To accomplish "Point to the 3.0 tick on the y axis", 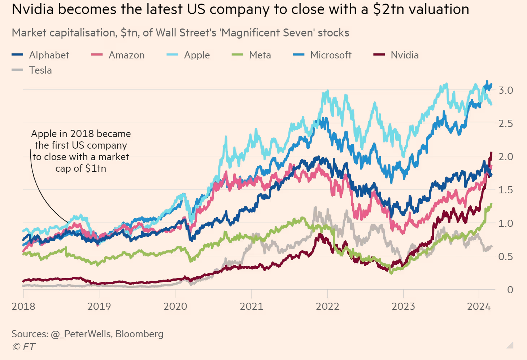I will pos(506,90).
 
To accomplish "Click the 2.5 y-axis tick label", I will pos(506,123).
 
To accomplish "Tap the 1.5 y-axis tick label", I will pos(506,190).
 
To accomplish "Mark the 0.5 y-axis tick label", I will pos(506,256).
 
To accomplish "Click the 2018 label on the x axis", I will pos(23,307).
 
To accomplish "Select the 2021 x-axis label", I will pos(252,307).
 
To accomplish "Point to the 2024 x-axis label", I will pos(479,307).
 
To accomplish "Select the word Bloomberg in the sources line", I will pos(139,334).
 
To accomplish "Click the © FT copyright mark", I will pos(23,347).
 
